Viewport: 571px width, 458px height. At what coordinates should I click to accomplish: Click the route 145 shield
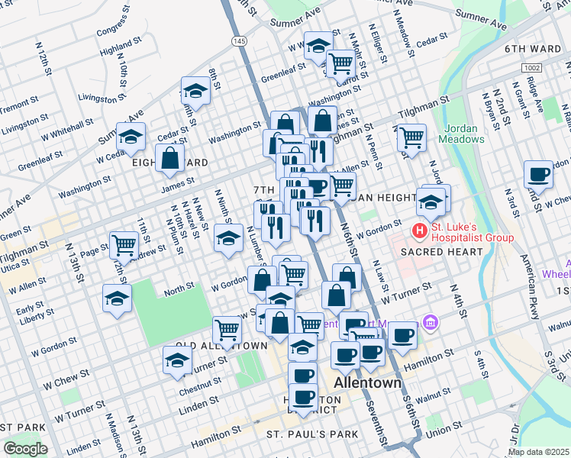(x=240, y=40)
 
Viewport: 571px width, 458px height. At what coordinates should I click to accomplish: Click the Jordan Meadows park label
(x=461, y=134)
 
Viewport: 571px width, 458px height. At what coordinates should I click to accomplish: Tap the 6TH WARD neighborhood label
(x=532, y=49)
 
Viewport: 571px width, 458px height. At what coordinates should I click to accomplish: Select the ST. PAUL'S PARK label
(x=311, y=434)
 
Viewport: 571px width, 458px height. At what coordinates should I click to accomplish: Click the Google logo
(x=25, y=449)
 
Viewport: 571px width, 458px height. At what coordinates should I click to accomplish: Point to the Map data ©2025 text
(x=537, y=452)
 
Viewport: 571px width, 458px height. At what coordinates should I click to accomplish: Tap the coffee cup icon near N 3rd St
(x=538, y=174)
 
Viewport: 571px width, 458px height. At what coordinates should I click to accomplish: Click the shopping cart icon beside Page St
(x=124, y=244)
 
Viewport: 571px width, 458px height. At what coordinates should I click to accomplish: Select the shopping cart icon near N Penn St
(x=411, y=138)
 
